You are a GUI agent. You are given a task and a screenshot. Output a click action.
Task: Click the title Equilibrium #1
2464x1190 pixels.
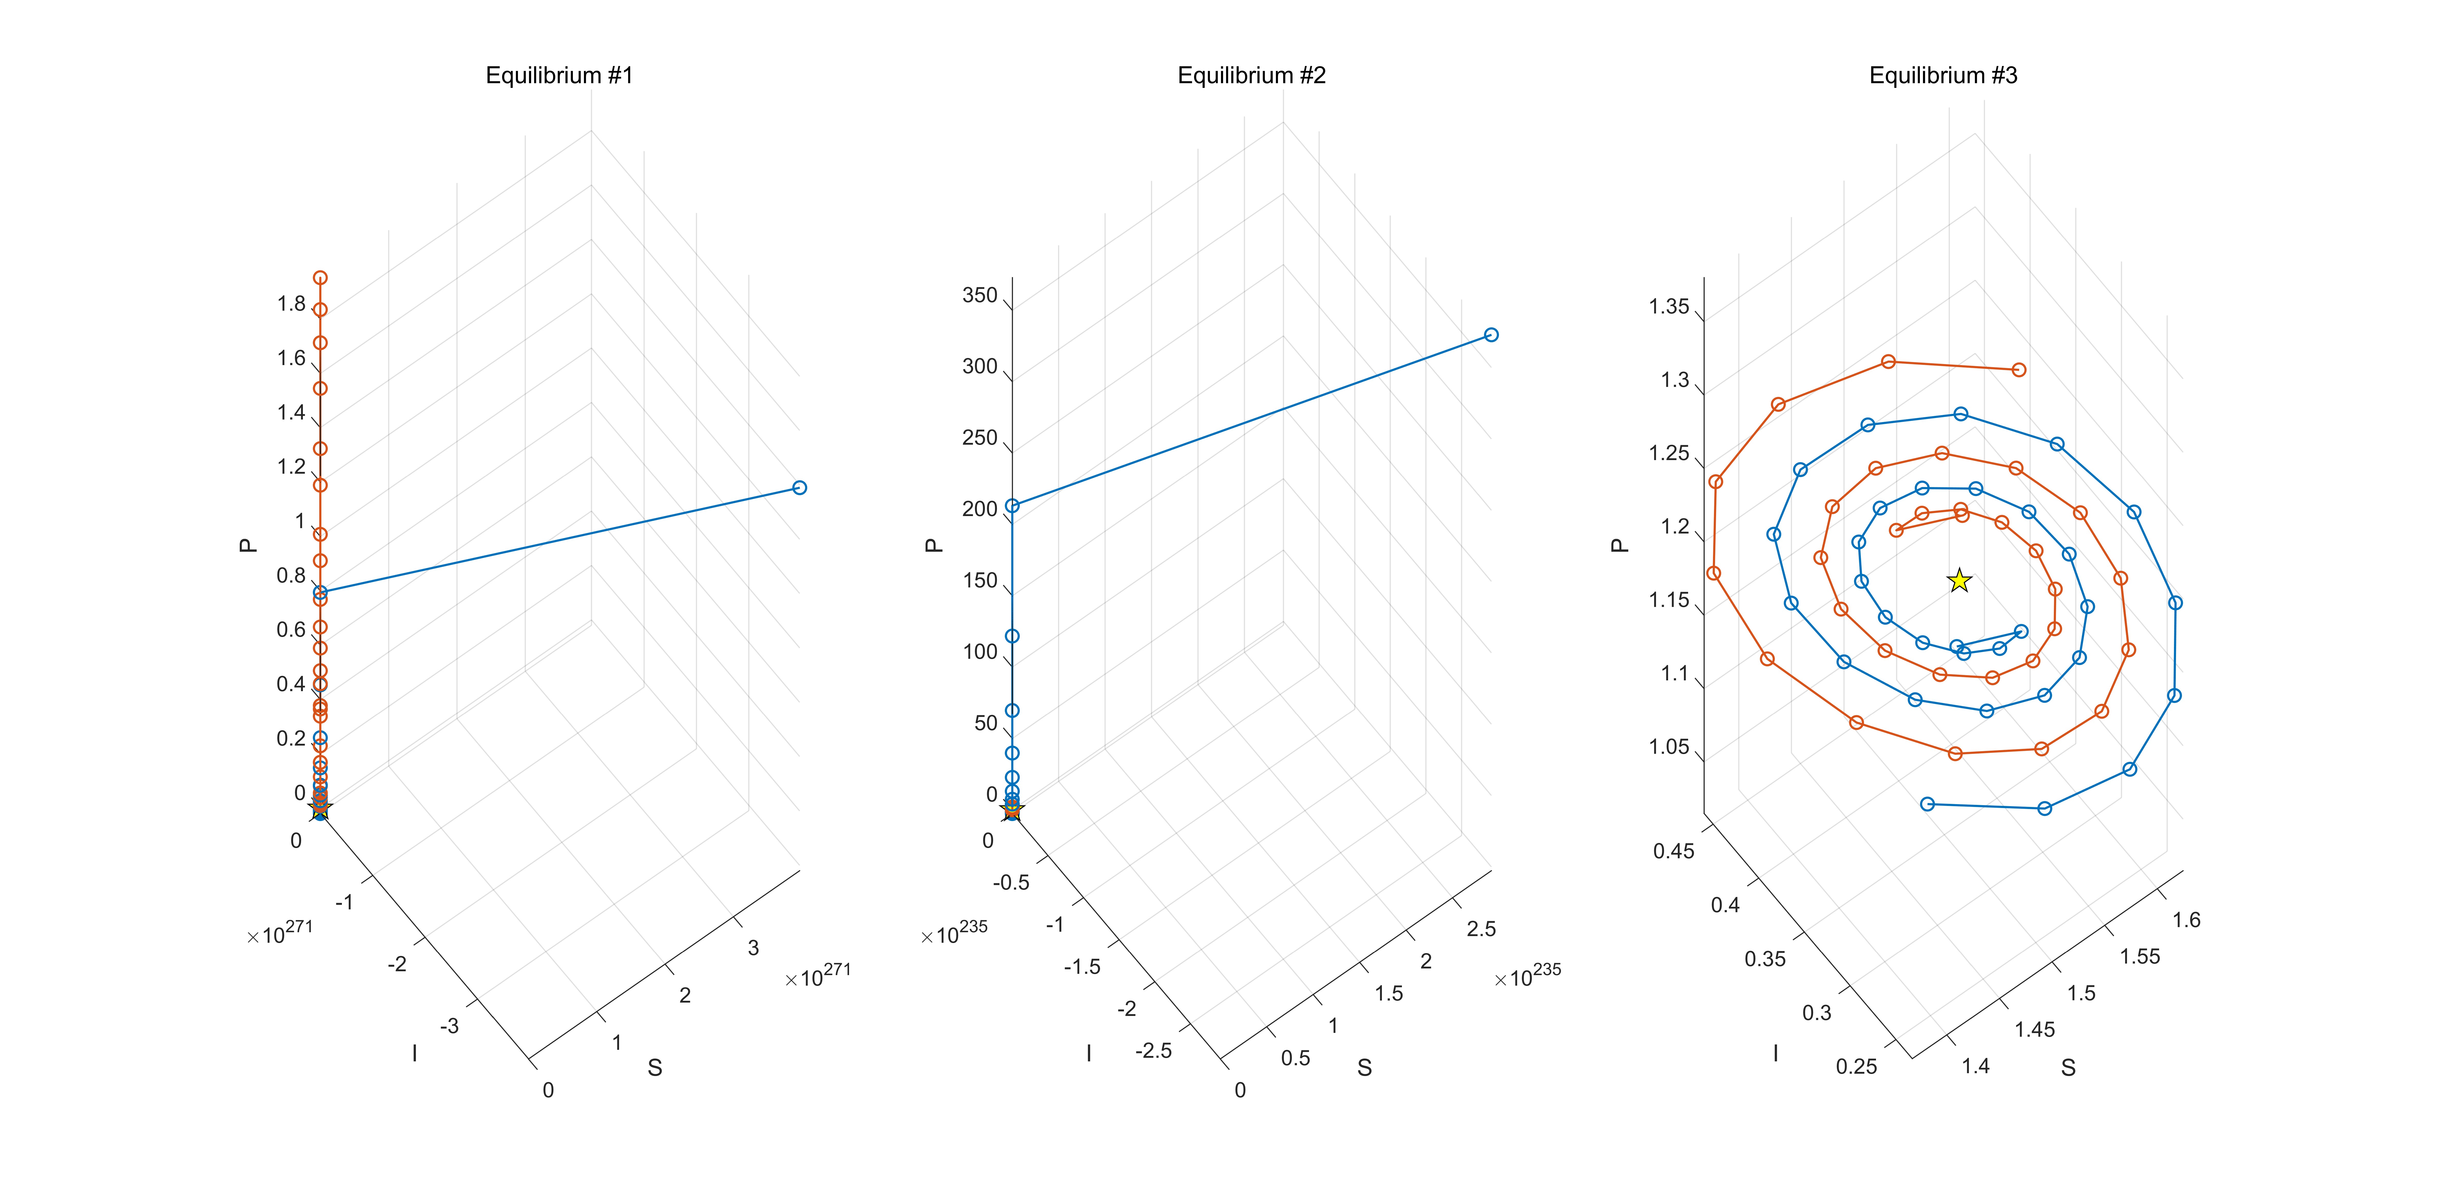(560, 75)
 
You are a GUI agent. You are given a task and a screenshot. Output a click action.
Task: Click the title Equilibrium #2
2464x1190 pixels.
(1251, 75)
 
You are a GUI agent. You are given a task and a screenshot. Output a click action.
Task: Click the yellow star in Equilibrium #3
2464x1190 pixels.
(1959, 581)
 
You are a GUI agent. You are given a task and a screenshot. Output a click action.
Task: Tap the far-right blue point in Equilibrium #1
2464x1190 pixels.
(800, 488)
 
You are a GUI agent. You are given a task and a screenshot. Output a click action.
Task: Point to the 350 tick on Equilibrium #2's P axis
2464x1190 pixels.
(979, 296)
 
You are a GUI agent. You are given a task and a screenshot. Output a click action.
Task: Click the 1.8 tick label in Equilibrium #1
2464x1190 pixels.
(291, 304)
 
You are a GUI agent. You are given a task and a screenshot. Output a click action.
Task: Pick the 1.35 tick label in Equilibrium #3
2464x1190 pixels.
(1669, 307)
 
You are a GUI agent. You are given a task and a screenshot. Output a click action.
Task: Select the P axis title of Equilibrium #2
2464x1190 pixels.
(935, 545)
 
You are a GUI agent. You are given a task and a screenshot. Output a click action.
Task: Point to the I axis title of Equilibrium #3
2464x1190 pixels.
(1775, 1053)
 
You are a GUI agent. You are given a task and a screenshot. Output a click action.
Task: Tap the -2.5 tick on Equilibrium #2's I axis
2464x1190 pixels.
(1153, 1050)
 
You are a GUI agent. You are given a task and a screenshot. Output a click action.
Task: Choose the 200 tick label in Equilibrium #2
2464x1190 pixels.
(979, 509)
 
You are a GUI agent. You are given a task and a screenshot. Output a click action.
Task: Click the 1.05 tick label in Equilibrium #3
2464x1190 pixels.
(1669, 747)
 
